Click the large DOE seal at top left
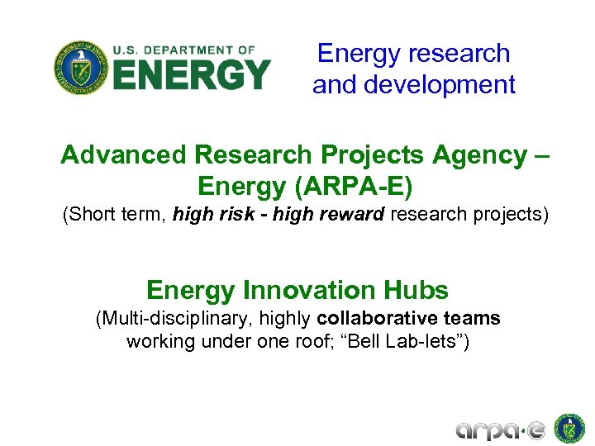pos(79,68)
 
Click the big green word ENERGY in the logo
pos(191,75)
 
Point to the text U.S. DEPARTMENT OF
pos(183,50)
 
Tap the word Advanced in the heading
pos(123,154)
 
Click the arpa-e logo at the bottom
pos(501,429)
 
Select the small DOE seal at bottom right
pos(569,428)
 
